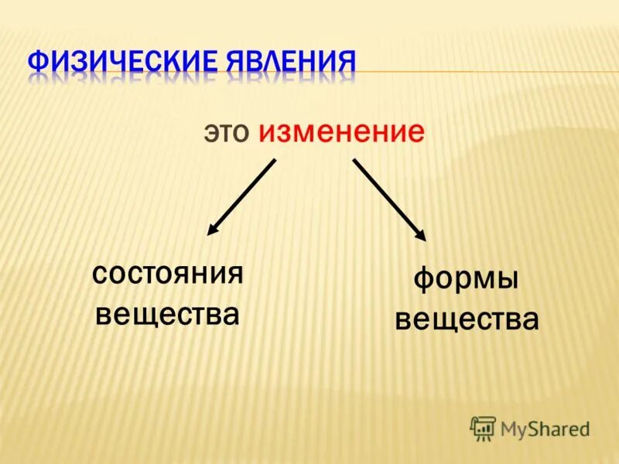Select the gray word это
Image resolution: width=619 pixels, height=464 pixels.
point(227,132)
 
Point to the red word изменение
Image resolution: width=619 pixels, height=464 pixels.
point(342,132)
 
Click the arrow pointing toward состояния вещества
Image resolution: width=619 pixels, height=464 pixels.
point(242,196)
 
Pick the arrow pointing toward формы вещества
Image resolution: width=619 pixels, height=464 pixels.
point(389,199)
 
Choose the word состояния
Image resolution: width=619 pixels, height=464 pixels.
point(168,274)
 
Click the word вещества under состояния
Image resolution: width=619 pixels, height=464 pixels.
point(166,314)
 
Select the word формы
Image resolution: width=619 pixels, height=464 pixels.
point(465,280)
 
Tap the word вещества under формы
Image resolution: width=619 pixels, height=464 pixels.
point(467,319)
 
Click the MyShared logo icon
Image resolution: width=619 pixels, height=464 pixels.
point(483,428)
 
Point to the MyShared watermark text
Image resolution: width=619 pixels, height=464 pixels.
point(545,428)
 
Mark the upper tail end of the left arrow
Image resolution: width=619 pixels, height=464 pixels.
point(275,161)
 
